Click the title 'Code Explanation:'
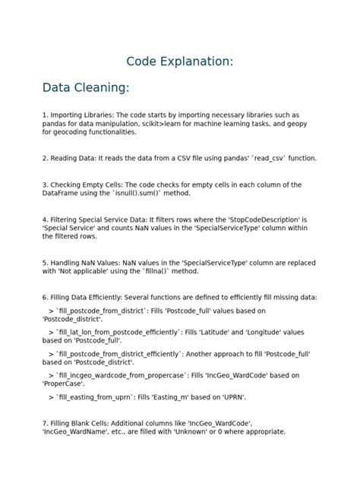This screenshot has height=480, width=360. click(179, 62)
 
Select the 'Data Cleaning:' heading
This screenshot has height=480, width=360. click(86, 89)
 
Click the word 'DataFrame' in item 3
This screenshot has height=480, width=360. click(62, 194)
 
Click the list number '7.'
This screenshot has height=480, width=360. click(46, 422)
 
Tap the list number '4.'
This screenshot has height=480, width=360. click(46, 219)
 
